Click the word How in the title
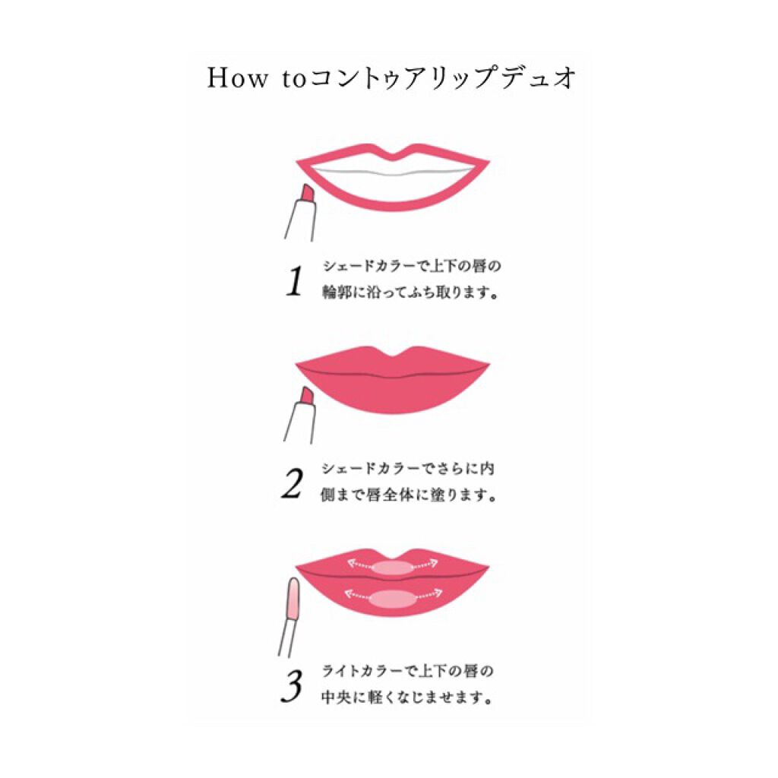click(237, 78)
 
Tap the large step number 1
click(295, 281)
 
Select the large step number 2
click(293, 484)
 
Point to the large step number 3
click(291, 686)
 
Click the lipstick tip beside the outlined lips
click(307, 192)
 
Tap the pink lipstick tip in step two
click(307, 395)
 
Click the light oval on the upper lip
click(392, 567)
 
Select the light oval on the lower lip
click(392, 599)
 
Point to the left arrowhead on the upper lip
click(351, 563)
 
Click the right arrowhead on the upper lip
click(433, 563)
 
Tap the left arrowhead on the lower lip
click(349, 593)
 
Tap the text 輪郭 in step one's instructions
click(337, 293)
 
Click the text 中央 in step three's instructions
click(335, 697)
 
